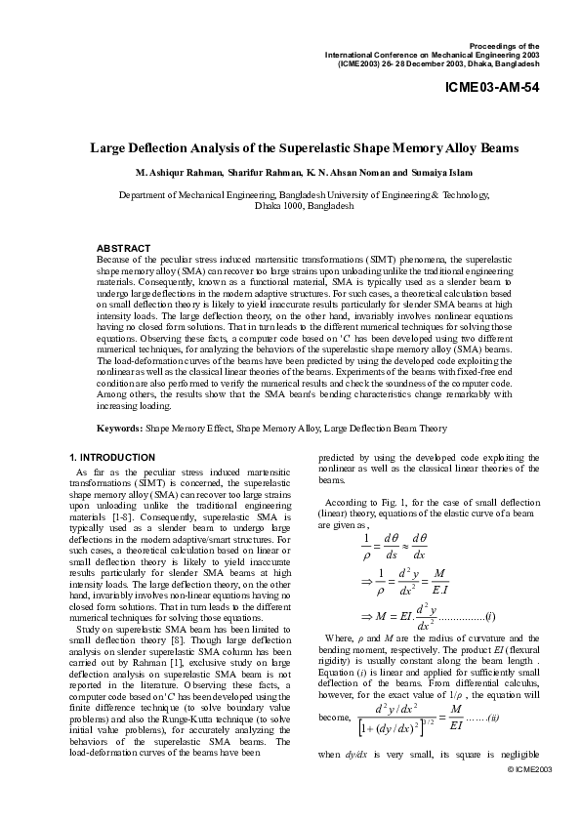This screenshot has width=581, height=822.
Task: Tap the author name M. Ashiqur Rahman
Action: pyautogui.click(x=181, y=172)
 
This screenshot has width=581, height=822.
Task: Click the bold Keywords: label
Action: pyautogui.click(x=119, y=428)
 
